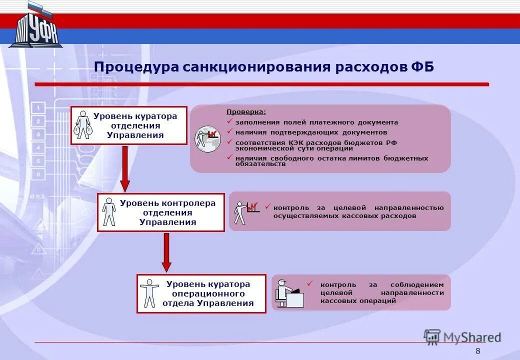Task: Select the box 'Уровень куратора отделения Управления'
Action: point(128,125)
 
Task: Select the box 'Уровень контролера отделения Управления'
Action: point(160,212)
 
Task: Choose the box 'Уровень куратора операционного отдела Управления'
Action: point(201,293)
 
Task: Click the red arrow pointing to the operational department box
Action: point(166,252)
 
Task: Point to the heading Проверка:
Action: point(246,112)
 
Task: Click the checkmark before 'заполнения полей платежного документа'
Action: point(229,121)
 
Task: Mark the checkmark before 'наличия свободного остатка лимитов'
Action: point(229,157)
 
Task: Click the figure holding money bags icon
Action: point(83,125)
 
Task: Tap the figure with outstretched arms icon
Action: point(149,293)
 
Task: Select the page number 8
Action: point(477,351)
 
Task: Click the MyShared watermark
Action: point(462,337)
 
